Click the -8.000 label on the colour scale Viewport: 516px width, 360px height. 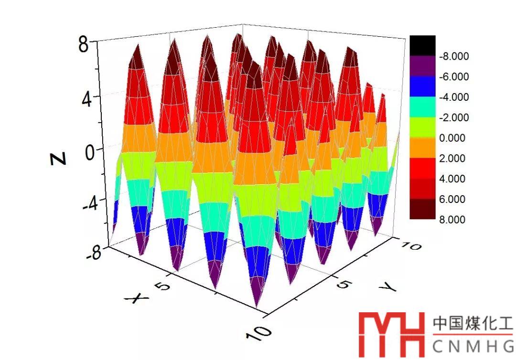[453, 56]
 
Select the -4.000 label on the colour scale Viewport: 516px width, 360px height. [453, 97]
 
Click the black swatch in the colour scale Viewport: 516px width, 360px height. [422, 45]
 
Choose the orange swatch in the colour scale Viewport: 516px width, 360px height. [422, 148]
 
